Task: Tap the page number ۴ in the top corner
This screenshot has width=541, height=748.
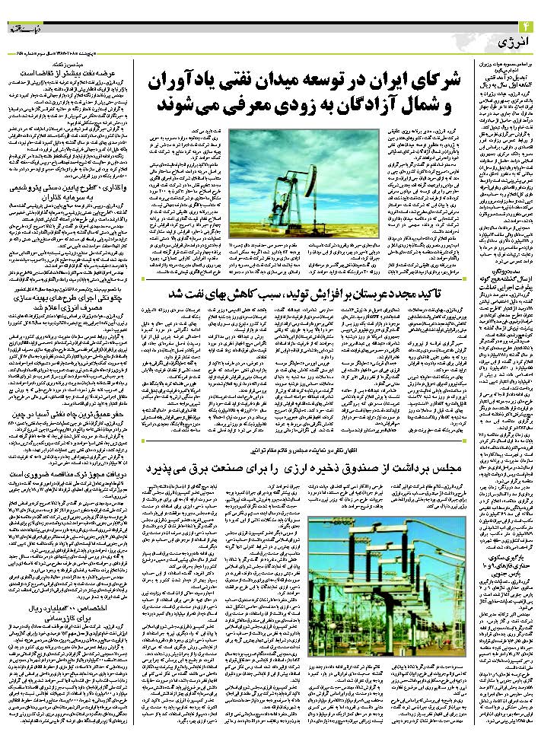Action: (528, 28)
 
